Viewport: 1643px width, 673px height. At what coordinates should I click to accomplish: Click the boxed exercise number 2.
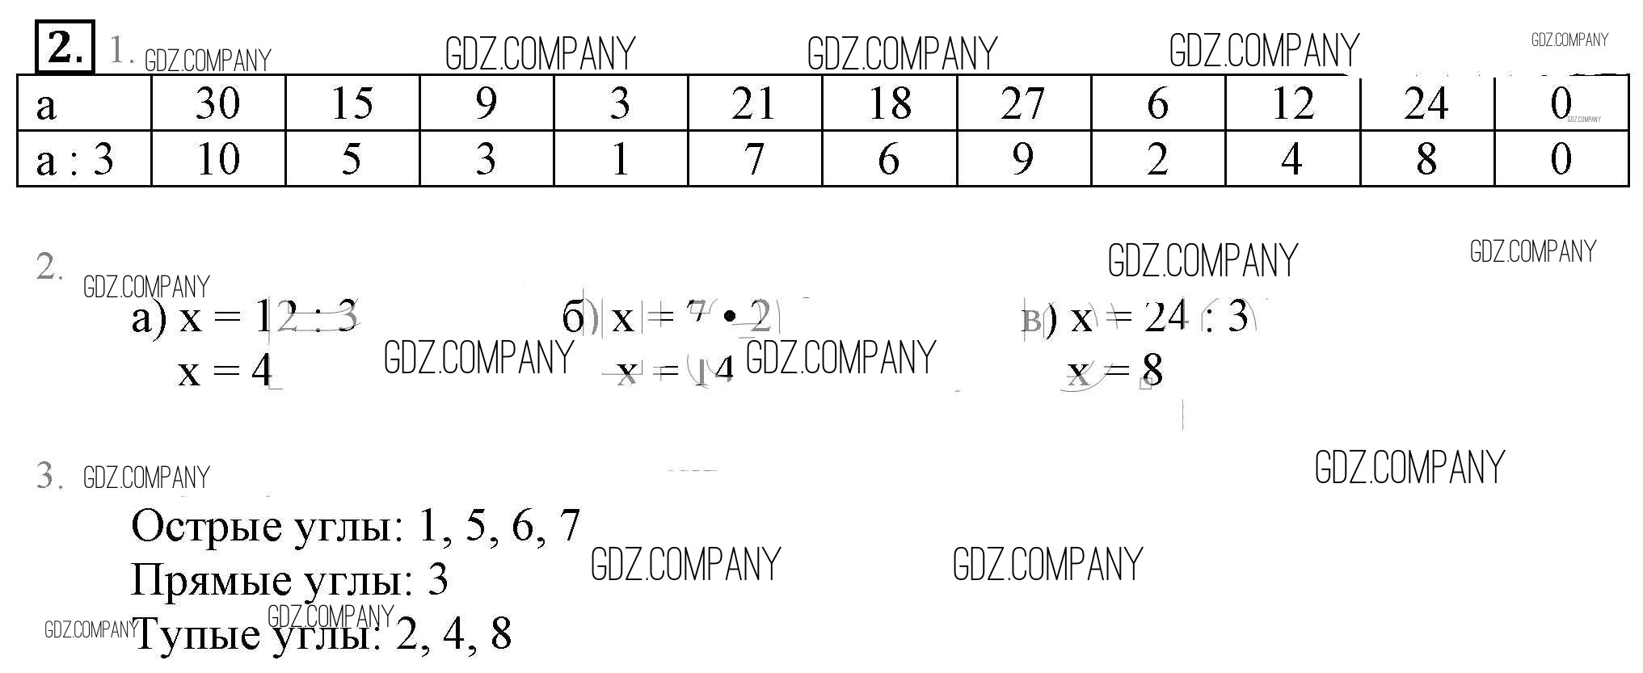[65, 47]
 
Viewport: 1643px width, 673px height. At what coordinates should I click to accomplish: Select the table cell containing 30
[218, 103]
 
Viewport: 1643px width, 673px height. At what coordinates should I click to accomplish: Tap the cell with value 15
[352, 103]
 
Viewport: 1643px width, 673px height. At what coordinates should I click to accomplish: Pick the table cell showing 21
[754, 103]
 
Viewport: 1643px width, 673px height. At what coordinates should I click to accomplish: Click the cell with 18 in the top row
[889, 103]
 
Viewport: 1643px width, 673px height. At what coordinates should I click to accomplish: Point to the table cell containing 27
[1023, 103]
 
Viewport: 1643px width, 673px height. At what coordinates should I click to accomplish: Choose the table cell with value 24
[1426, 103]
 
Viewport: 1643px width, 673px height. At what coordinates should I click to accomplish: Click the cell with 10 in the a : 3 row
[218, 158]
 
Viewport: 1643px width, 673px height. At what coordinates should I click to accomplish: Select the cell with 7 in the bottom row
[754, 158]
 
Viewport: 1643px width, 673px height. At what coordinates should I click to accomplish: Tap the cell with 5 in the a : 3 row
[352, 158]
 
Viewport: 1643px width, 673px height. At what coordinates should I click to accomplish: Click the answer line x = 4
[225, 372]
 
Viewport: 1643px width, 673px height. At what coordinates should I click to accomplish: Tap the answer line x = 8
[1115, 372]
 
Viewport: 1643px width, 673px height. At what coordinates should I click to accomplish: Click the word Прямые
[211, 580]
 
